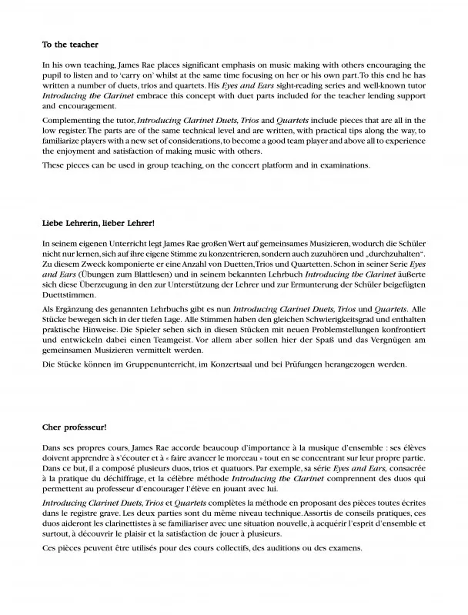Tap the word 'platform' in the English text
262,165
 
